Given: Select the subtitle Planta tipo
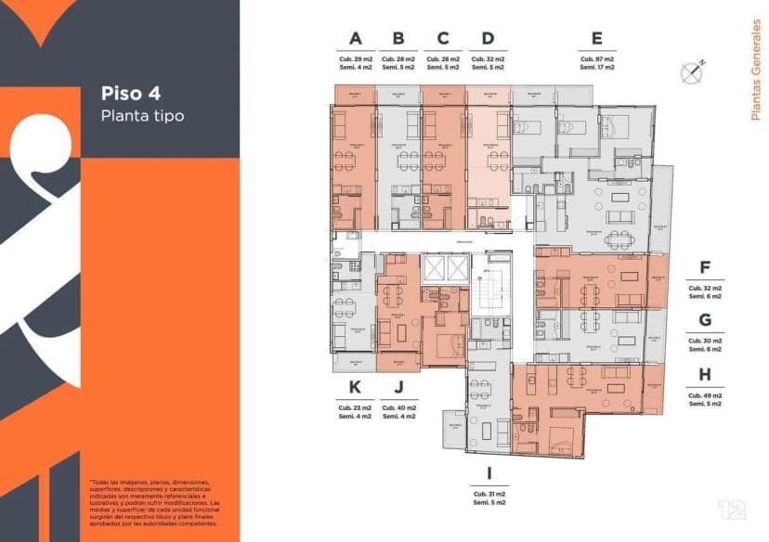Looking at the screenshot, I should point(142,116).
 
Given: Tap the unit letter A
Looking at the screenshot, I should point(354,39).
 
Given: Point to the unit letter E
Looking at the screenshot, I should point(596,39).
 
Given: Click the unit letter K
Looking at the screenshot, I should point(354,387).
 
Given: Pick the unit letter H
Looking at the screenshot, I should point(705,374).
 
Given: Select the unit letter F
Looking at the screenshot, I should point(705,268).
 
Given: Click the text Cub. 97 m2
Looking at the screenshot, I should point(596,58).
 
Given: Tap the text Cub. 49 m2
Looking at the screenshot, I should point(705,395).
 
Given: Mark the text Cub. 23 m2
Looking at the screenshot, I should point(354,408).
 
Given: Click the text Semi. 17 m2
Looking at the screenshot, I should point(596,68).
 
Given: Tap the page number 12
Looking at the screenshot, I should point(732,510).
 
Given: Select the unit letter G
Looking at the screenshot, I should point(705,321).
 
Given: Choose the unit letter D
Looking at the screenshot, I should point(488,39).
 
